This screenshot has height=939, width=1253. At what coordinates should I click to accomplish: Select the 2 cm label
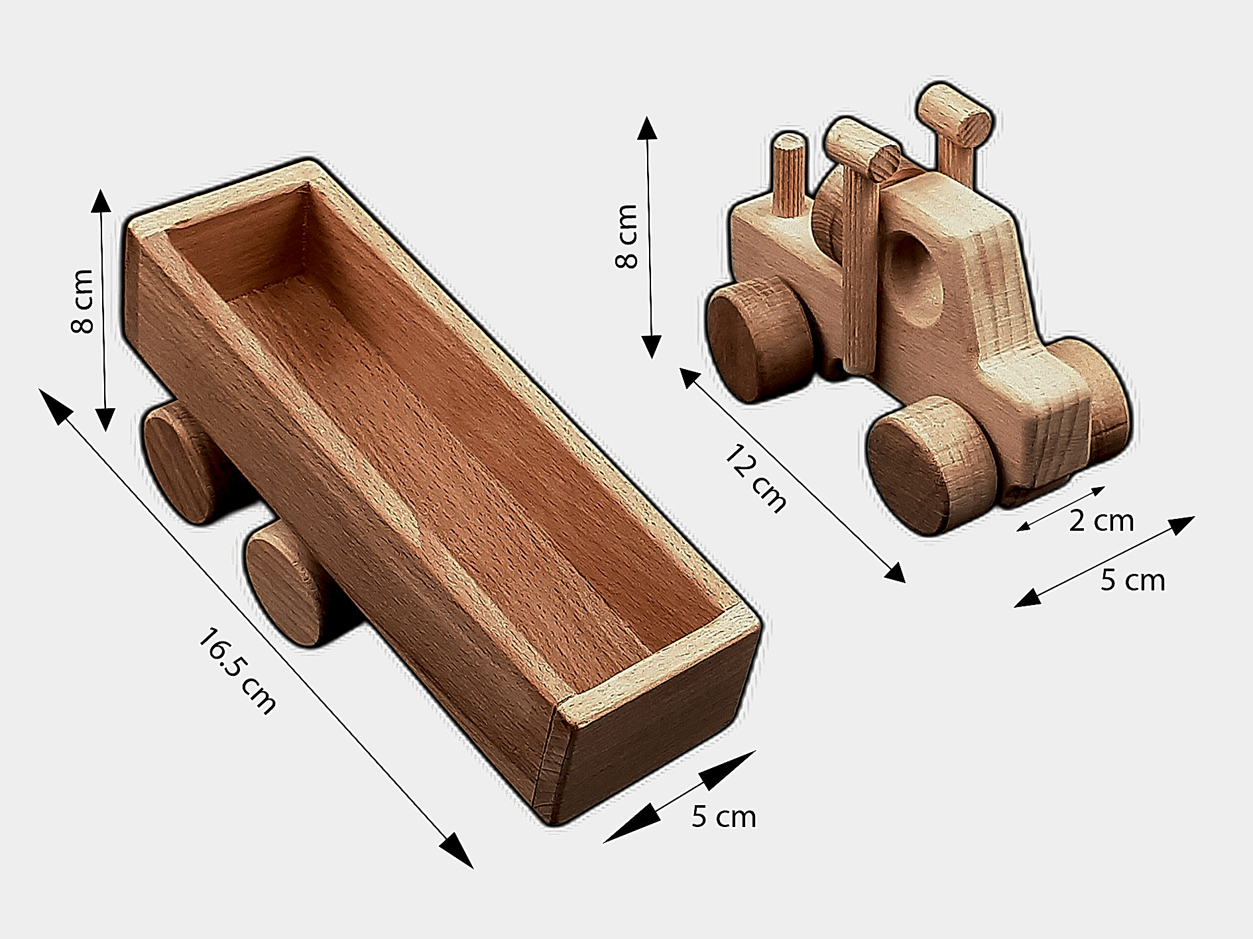coord(1101,521)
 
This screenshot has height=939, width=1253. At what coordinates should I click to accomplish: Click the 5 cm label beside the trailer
coord(723,816)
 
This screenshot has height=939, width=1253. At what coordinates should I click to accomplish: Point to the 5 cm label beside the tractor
coord(1132,580)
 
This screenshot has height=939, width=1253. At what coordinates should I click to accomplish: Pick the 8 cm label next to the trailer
coord(84,301)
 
